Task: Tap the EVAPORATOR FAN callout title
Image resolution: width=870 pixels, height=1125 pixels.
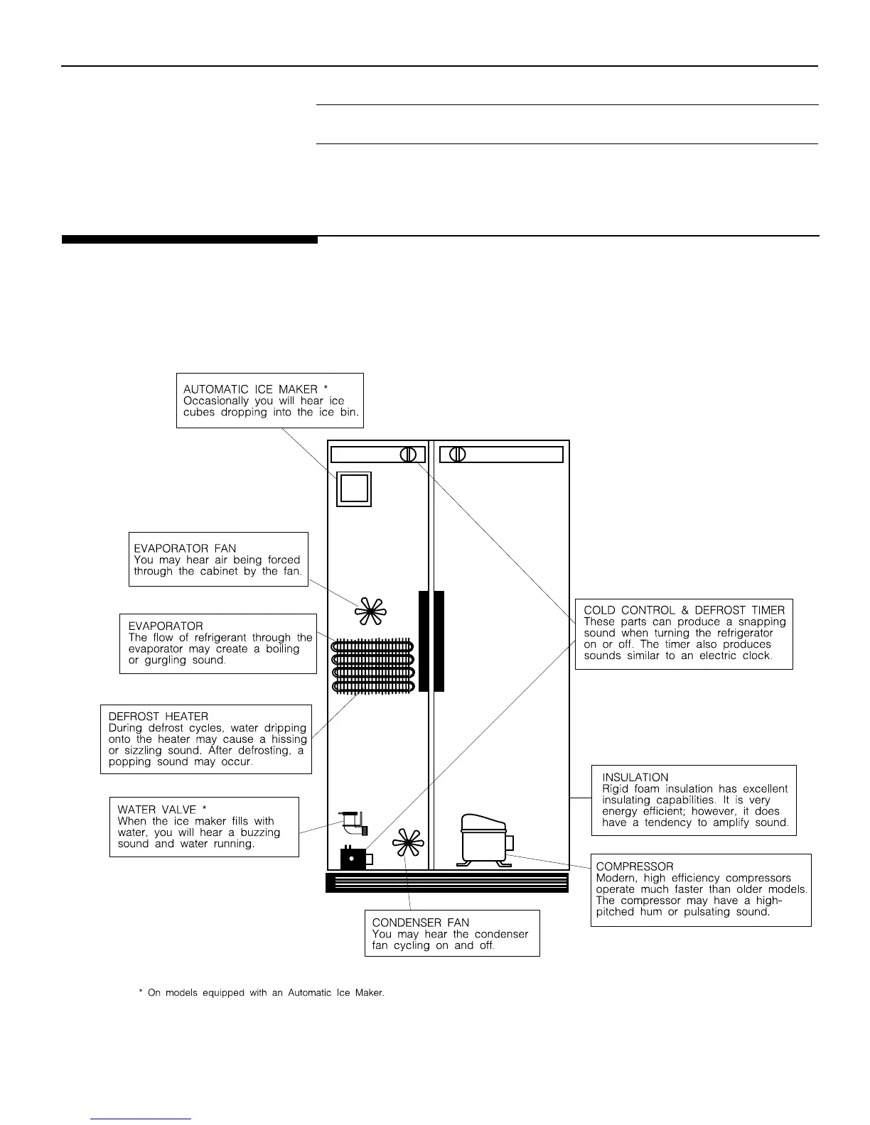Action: pyautogui.click(x=185, y=548)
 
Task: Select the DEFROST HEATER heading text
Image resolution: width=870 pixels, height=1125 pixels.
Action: pyautogui.click(x=158, y=717)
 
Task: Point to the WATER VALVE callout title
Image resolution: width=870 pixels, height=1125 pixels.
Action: pyautogui.click(x=161, y=810)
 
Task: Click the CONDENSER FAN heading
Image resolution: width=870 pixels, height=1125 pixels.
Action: pyautogui.click(x=420, y=923)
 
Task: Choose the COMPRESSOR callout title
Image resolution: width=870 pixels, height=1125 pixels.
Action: pyautogui.click(x=634, y=866)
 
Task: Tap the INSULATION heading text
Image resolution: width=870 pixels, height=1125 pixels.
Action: pyautogui.click(x=635, y=777)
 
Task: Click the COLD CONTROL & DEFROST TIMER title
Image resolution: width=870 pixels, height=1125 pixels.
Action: pyautogui.click(x=684, y=610)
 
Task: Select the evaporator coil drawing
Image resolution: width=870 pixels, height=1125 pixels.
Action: pyautogui.click(x=372, y=665)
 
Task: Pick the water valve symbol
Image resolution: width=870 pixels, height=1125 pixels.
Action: pyautogui.click(x=354, y=822)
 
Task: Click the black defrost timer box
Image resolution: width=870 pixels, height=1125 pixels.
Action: pyautogui.click(x=353, y=859)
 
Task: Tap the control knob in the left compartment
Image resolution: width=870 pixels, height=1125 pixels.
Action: pyautogui.click(x=408, y=455)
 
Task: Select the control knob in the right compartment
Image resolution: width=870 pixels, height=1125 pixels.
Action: pyautogui.click(x=458, y=455)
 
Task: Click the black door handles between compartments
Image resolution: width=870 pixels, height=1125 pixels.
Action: pyautogui.click(x=431, y=641)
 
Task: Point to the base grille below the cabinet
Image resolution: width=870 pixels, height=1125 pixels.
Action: pyautogui.click(x=447, y=882)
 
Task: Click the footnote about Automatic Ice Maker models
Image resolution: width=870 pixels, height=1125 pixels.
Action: pyautogui.click(x=261, y=993)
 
